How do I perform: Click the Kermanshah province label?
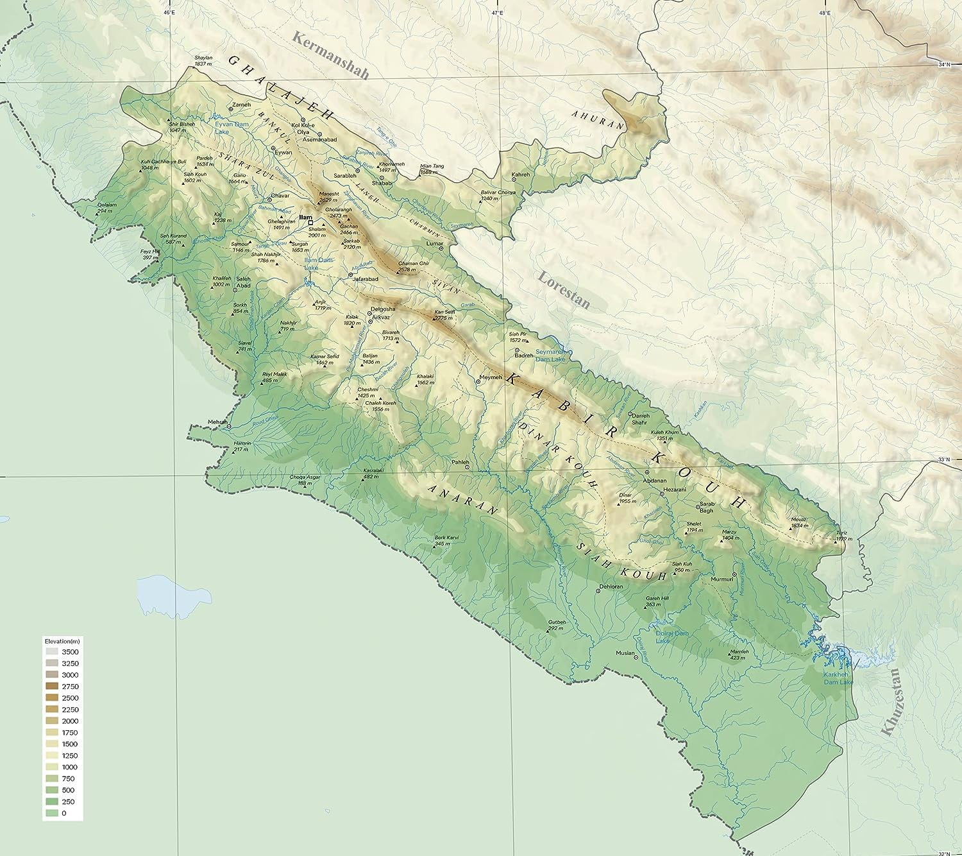tap(331, 55)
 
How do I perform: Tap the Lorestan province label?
tap(563, 290)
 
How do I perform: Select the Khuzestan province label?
tap(891, 701)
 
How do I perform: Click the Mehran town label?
tap(217, 422)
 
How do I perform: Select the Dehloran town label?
tap(611, 586)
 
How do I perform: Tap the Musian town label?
tap(625, 653)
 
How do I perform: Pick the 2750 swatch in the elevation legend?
tap(52, 687)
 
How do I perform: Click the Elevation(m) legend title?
tap(62, 641)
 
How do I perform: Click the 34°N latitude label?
tap(944, 64)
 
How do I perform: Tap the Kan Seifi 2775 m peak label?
tap(443, 315)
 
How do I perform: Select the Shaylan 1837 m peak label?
tap(203, 61)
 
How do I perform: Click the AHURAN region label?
tap(597, 119)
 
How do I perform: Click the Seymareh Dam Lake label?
tap(550, 355)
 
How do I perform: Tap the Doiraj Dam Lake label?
tap(671, 637)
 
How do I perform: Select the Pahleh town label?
tap(460, 462)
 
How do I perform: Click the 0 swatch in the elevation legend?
tap(52, 813)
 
